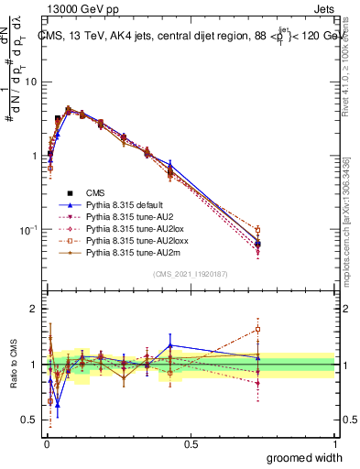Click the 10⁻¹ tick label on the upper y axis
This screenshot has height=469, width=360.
click(x=28, y=229)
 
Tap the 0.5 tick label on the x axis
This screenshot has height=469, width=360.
click(x=191, y=442)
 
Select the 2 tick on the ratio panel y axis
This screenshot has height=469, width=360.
click(x=34, y=310)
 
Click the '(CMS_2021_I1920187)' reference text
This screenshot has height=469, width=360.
click(x=191, y=274)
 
